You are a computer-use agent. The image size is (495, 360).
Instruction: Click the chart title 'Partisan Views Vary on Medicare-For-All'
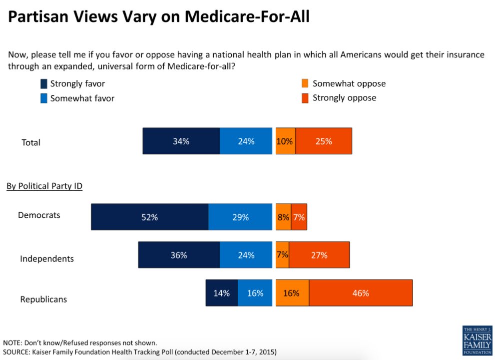159,17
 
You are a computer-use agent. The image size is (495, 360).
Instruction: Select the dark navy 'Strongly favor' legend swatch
43,84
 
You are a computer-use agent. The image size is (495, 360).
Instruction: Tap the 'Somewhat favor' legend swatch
43,98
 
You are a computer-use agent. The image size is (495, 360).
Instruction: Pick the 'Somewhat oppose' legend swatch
305,83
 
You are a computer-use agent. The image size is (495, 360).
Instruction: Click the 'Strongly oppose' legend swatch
305,98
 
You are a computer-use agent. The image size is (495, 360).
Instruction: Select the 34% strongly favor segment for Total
181,141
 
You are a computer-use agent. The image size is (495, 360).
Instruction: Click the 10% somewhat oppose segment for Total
285,141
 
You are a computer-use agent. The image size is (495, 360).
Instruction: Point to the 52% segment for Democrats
149,217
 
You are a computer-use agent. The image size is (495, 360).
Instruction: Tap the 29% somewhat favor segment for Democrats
241,217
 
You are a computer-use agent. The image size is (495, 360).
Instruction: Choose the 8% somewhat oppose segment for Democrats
283,217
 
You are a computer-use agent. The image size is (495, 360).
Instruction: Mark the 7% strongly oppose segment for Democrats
299,217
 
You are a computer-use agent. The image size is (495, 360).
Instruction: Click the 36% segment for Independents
179,255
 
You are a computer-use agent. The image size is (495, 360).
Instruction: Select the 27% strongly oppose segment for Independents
319,255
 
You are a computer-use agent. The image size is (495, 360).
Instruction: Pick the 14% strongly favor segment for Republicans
221,293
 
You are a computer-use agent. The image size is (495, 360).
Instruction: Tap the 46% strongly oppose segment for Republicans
361,293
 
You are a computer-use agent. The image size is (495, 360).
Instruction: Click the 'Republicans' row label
43,300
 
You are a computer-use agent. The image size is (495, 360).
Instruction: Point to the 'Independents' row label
47,259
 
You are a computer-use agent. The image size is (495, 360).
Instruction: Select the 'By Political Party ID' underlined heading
44,186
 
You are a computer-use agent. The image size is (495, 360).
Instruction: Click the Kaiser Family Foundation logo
477,341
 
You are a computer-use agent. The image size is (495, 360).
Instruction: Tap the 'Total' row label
31,143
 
